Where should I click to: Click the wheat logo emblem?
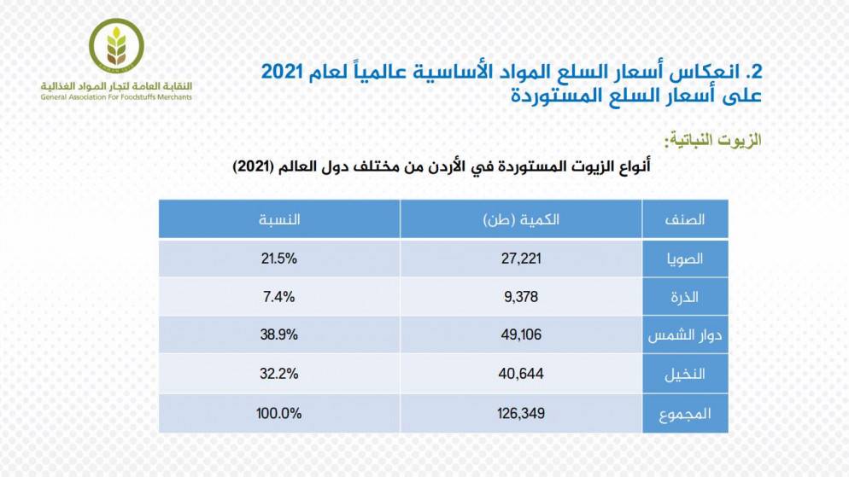pos(117,44)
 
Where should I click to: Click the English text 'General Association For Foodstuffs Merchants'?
pos(116,97)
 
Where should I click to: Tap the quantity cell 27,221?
pos(520,258)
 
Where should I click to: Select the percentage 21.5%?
pos(278,258)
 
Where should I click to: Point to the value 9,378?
pos(520,296)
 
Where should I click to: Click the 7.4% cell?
pos(278,296)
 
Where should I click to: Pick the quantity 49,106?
pos(520,334)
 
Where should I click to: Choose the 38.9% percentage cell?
pos(278,334)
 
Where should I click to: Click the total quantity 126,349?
pos(520,414)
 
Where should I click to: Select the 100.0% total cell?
pos(278,414)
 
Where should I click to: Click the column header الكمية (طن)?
pos(520,219)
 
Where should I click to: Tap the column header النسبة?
pos(278,219)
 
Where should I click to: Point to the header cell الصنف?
pos(685,219)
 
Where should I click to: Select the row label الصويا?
pos(685,258)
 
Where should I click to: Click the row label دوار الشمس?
pos(685,334)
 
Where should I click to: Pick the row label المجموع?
pos(685,414)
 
